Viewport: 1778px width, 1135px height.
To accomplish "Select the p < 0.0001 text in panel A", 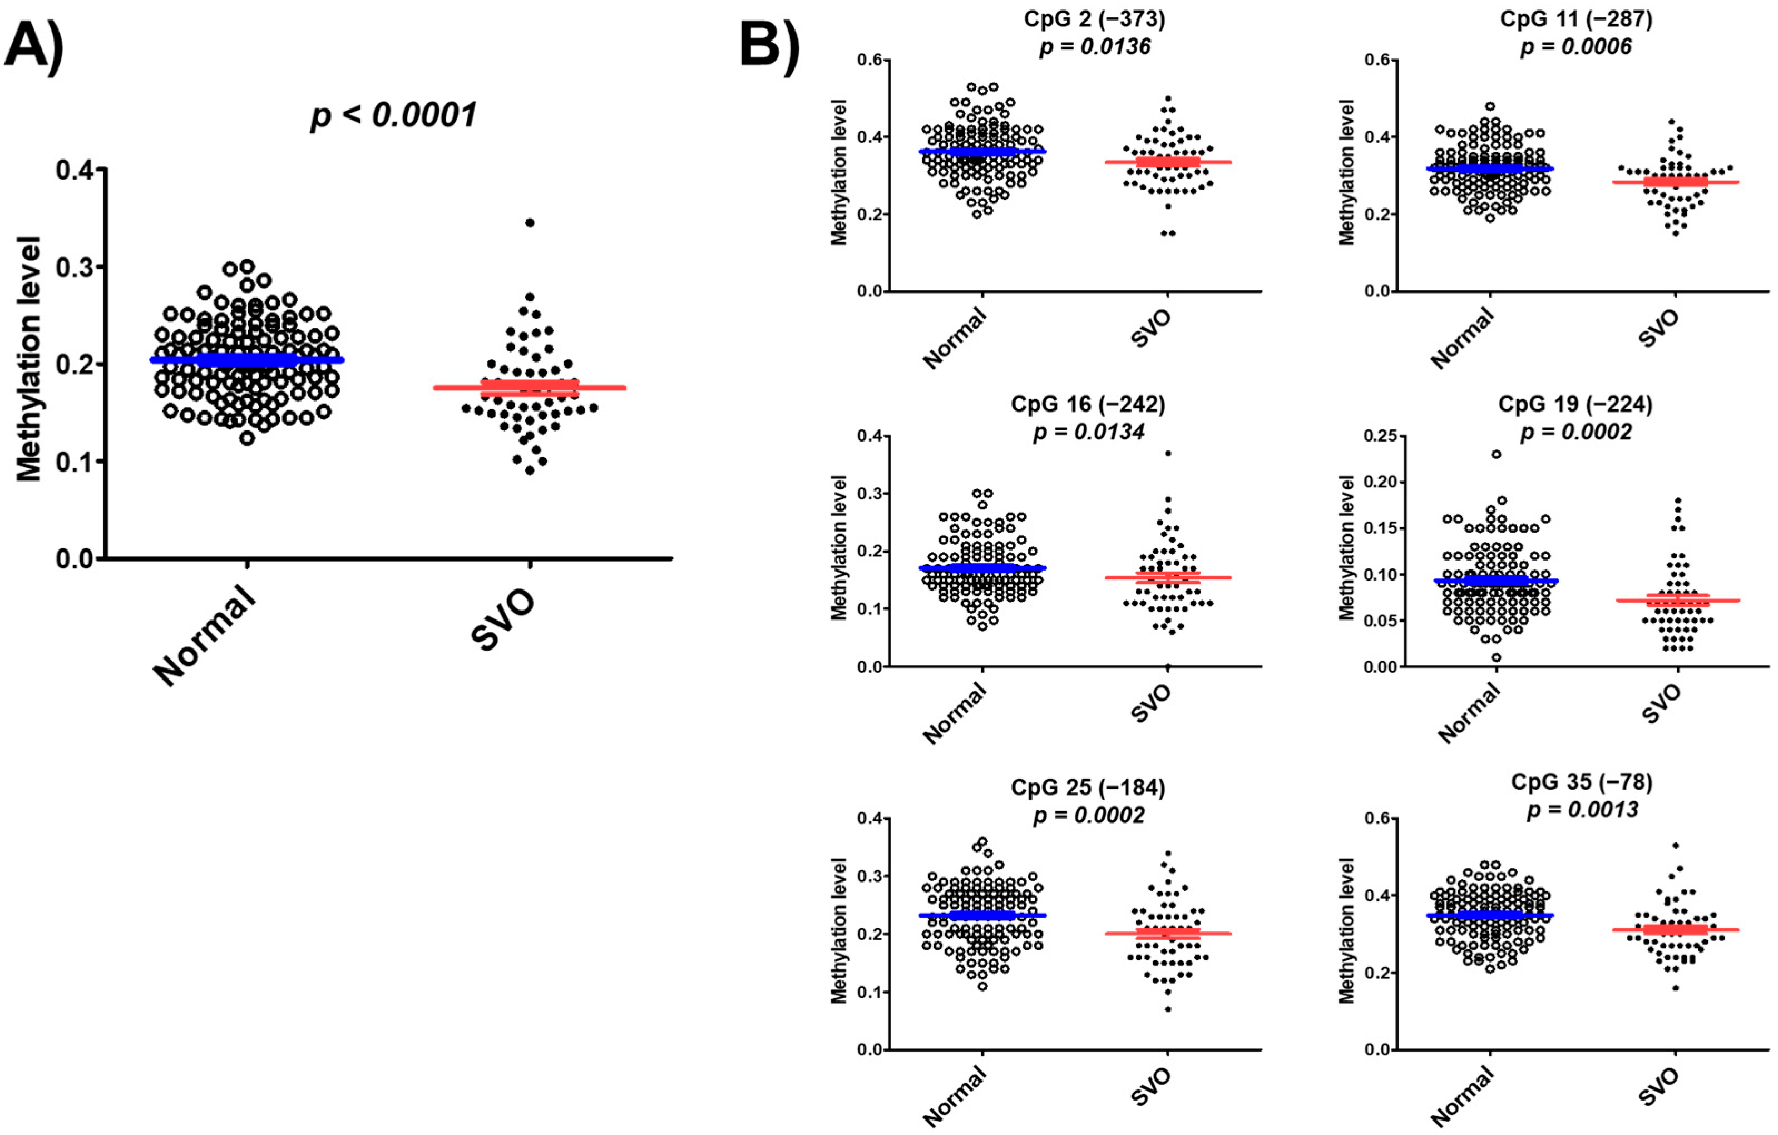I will click(x=393, y=115).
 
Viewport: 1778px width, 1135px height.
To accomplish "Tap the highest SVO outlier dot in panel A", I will click(x=530, y=222).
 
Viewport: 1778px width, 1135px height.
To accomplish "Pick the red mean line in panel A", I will click(x=530, y=388).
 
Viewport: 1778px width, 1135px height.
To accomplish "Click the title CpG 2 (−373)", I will click(x=1094, y=18).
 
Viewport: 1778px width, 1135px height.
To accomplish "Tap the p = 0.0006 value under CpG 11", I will click(x=1575, y=47).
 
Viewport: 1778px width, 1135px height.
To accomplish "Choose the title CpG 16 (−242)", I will click(x=1088, y=404).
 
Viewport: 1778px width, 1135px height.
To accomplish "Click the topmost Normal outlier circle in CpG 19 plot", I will click(x=1496, y=454).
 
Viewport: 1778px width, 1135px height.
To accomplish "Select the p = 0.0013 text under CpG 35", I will click(x=1582, y=810).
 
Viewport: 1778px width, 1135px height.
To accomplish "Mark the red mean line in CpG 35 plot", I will click(x=1675, y=930).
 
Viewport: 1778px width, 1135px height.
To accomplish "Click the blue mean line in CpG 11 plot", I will click(x=1490, y=169).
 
